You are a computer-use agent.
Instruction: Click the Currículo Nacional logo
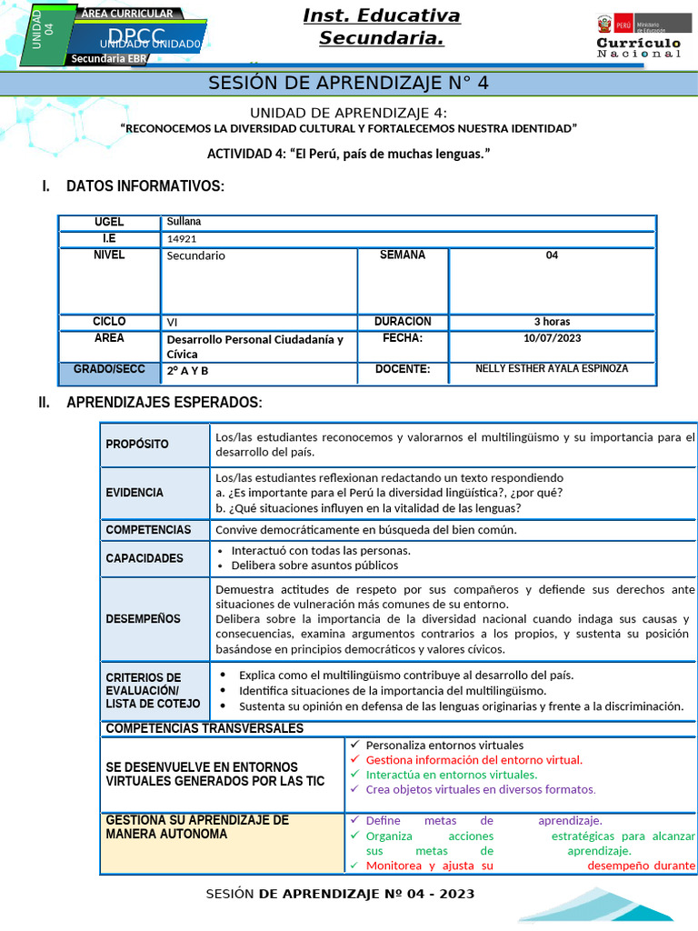[x=638, y=36]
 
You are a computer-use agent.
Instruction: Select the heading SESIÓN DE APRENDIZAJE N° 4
[x=349, y=84]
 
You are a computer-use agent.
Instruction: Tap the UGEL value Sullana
[x=184, y=222]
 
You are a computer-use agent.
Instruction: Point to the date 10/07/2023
[x=552, y=338]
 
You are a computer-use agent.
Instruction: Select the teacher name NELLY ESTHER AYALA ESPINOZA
[x=552, y=369]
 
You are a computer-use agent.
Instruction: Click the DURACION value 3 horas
[x=552, y=322]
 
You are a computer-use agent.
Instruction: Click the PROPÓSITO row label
[x=137, y=445]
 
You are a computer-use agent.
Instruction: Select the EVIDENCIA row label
[x=135, y=493]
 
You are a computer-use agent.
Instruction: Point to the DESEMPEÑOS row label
[x=143, y=619]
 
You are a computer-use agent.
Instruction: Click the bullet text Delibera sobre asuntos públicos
[x=314, y=566]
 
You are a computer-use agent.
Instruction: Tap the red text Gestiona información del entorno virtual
[x=474, y=760]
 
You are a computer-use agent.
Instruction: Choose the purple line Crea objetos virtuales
[x=481, y=789]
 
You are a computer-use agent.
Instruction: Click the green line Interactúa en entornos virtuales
[x=451, y=775]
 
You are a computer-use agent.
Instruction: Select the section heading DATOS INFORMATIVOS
[x=145, y=186]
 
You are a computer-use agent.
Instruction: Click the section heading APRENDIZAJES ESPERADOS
[x=165, y=403]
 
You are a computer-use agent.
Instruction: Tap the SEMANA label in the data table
[x=403, y=255]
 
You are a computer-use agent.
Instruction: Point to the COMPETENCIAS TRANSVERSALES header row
[x=204, y=728]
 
